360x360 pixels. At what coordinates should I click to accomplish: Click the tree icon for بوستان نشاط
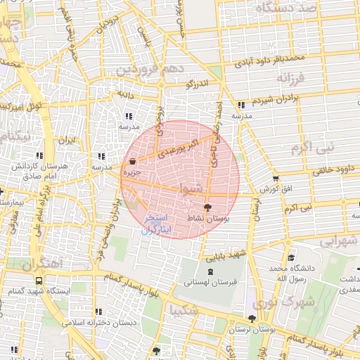(207, 208)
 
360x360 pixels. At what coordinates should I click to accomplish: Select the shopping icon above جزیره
(133, 161)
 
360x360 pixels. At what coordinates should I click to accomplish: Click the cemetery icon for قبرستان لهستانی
(211, 271)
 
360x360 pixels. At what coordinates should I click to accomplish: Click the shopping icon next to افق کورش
(275, 179)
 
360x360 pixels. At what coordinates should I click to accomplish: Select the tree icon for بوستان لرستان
(252, 319)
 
